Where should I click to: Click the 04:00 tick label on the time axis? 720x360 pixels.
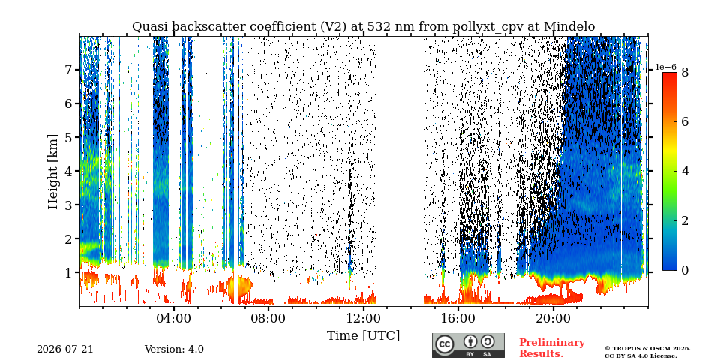[174, 318]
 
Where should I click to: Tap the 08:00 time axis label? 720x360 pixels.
[268, 318]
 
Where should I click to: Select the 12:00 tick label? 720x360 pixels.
[363, 318]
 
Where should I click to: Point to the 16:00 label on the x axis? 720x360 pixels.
[458, 318]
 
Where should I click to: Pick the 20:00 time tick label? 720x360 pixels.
[553, 318]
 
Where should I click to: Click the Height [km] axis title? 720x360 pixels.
[53, 172]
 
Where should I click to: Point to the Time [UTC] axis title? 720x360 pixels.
[363, 335]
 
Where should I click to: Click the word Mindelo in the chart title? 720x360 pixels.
[569, 27]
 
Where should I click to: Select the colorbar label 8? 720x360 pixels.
[685, 72]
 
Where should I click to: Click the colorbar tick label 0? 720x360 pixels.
[685, 270]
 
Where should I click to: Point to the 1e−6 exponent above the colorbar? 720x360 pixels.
[666, 67]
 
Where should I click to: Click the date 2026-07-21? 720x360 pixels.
[65, 349]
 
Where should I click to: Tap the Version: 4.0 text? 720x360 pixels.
[174, 349]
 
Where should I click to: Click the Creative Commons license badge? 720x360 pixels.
[468, 345]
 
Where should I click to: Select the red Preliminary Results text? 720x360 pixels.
[552, 348]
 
